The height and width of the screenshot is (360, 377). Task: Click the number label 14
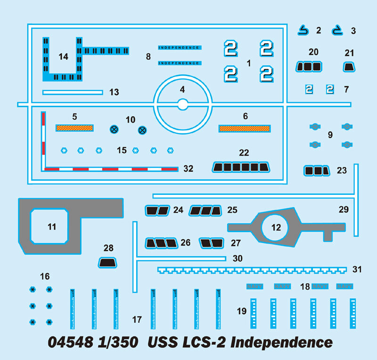(x=63, y=57)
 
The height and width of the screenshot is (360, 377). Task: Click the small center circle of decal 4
(x=183, y=104)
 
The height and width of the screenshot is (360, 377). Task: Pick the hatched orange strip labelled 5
(x=74, y=127)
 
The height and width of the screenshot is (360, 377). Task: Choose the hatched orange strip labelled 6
(x=245, y=128)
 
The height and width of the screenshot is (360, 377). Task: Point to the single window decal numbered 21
(x=349, y=67)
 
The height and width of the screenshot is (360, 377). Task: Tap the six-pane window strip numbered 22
(x=241, y=167)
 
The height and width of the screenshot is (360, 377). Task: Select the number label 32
(x=188, y=168)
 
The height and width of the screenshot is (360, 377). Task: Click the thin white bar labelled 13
(x=73, y=92)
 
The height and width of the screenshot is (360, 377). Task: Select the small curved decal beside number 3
(x=337, y=31)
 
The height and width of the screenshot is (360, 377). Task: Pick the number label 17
(x=137, y=320)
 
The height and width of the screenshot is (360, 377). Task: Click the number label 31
(x=357, y=269)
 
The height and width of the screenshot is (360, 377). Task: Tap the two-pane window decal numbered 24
(x=158, y=210)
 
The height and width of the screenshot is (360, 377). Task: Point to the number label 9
(x=330, y=134)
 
